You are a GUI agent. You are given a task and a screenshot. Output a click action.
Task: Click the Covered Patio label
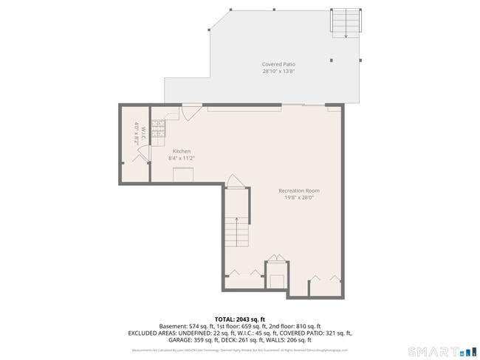click(278, 64)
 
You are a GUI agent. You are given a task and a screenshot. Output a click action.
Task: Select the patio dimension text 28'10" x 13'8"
click(278, 72)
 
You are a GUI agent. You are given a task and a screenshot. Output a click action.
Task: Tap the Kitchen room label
click(182, 151)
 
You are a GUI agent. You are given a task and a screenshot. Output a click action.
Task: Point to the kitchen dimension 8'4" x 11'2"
click(182, 158)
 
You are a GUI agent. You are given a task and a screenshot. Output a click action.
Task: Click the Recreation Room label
click(299, 190)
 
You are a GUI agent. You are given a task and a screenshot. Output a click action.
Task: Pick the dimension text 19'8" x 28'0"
click(299, 197)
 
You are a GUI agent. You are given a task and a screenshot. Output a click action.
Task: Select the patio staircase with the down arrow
click(346, 24)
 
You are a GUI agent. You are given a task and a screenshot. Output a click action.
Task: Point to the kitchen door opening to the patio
click(191, 112)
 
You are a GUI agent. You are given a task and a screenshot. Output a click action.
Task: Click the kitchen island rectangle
click(183, 174)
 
